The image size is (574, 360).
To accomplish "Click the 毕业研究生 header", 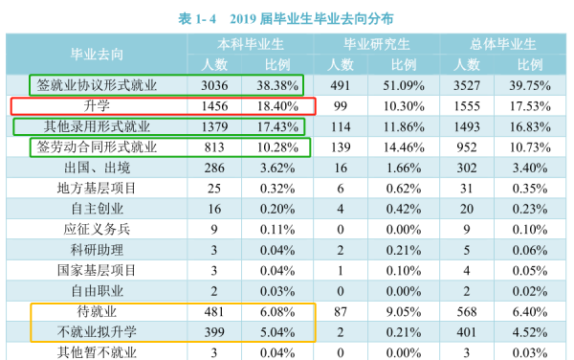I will pos(378,44).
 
